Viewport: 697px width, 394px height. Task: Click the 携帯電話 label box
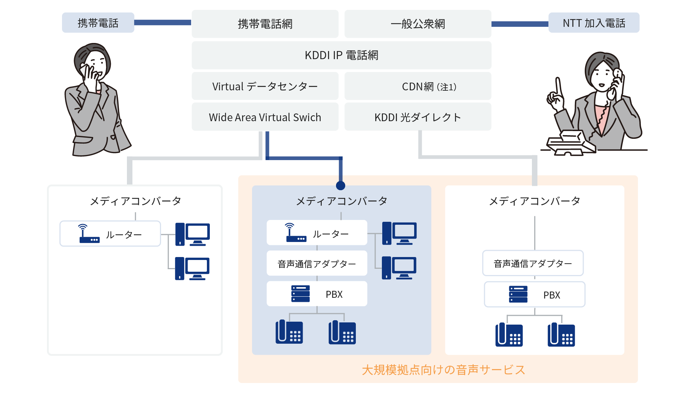click(98, 23)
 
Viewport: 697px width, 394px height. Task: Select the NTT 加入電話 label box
click(594, 23)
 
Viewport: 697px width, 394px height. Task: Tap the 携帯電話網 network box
click(265, 24)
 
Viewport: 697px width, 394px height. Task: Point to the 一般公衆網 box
click(417, 24)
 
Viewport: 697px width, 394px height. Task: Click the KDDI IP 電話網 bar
click(341, 55)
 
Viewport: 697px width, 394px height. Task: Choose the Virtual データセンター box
click(265, 86)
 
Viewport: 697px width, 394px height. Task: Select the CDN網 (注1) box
click(417, 86)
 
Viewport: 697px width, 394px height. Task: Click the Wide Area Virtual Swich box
click(265, 117)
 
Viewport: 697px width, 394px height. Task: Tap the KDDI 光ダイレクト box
click(417, 117)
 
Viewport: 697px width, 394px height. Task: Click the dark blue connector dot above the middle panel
click(340, 186)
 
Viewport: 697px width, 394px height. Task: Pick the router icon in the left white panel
click(88, 234)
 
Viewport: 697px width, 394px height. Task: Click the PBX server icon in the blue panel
click(300, 294)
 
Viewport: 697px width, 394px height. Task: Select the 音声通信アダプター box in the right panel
click(533, 263)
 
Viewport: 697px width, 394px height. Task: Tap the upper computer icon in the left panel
click(193, 234)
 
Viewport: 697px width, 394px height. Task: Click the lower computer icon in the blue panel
click(399, 268)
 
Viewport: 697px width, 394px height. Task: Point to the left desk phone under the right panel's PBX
click(509, 335)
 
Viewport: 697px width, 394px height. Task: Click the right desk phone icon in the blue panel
click(342, 332)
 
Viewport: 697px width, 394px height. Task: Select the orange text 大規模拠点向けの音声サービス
click(443, 370)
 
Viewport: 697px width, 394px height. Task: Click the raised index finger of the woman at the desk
click(558, 86)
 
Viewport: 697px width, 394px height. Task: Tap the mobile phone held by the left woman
click(87, 69)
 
